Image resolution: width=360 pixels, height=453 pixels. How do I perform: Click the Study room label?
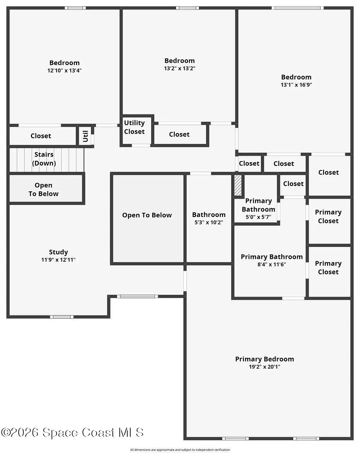click(58, 252)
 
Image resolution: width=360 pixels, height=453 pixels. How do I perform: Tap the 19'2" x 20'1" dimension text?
click(264, 367)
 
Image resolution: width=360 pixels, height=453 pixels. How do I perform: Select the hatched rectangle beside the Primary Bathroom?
click(238, 185)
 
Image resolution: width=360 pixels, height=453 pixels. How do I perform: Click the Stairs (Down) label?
click(44, 159)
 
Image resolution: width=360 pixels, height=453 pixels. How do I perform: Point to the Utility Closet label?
click(134, 127)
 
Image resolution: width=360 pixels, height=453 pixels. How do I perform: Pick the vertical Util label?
click(85, 136)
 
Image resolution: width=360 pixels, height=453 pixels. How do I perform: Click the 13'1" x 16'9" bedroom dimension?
click(296, 85)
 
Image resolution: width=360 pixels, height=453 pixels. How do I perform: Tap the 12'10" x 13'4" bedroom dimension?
click(64, 71)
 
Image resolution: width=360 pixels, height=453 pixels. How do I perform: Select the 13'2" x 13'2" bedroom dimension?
click(180, 69)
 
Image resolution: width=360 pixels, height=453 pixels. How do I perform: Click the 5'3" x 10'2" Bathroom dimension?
click(208, 223)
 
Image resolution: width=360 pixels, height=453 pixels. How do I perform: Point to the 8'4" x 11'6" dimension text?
click(271, 264)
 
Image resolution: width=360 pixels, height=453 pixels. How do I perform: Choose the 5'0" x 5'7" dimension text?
click(258, 217)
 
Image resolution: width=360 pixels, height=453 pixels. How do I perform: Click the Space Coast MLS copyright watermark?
click(72, 433)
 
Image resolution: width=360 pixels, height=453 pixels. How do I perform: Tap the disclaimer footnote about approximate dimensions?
click(180, 450)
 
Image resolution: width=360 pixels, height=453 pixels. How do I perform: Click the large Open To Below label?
click(147, 215)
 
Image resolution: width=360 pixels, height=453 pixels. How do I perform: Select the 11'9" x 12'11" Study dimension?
click(58, 260)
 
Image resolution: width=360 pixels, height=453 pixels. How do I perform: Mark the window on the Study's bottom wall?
click(62, 317)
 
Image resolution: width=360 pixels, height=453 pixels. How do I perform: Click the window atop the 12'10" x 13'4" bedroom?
click(75, 8)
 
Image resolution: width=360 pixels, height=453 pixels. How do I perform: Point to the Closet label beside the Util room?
click(41, 136)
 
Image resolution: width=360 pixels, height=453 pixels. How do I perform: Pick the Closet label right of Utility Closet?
click(179, 134)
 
